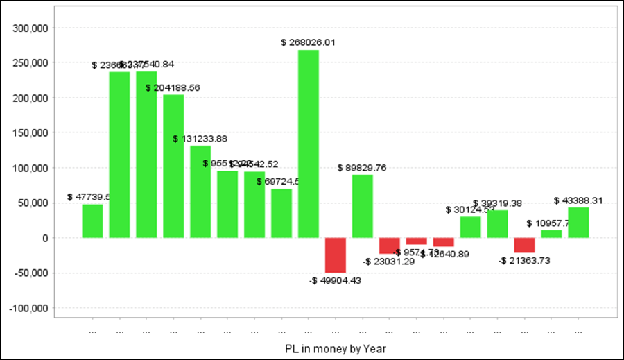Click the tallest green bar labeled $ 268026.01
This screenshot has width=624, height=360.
click(309, 144)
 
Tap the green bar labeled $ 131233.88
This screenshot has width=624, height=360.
click(200, 191)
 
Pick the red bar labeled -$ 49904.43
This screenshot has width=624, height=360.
click(336, 255)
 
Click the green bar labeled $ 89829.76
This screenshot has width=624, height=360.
click(363, 206)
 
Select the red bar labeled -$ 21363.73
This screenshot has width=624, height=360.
click(524, 245)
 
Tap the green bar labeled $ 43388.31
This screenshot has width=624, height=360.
click(578, 223)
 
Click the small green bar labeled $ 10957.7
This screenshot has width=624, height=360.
click(551, 234)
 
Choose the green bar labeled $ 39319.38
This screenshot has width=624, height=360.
click(497, 224)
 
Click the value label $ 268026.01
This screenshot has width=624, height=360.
click(309, 42)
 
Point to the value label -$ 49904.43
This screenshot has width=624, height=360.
click(336, 280)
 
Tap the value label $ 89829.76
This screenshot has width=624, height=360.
click(363, 167)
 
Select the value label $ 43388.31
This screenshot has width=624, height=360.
click(578, 200)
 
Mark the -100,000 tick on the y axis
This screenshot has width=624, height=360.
click(28, 308)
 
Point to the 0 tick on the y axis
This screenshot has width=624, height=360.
click(44, 238)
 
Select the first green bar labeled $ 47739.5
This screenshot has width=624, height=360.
click(92, 221)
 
